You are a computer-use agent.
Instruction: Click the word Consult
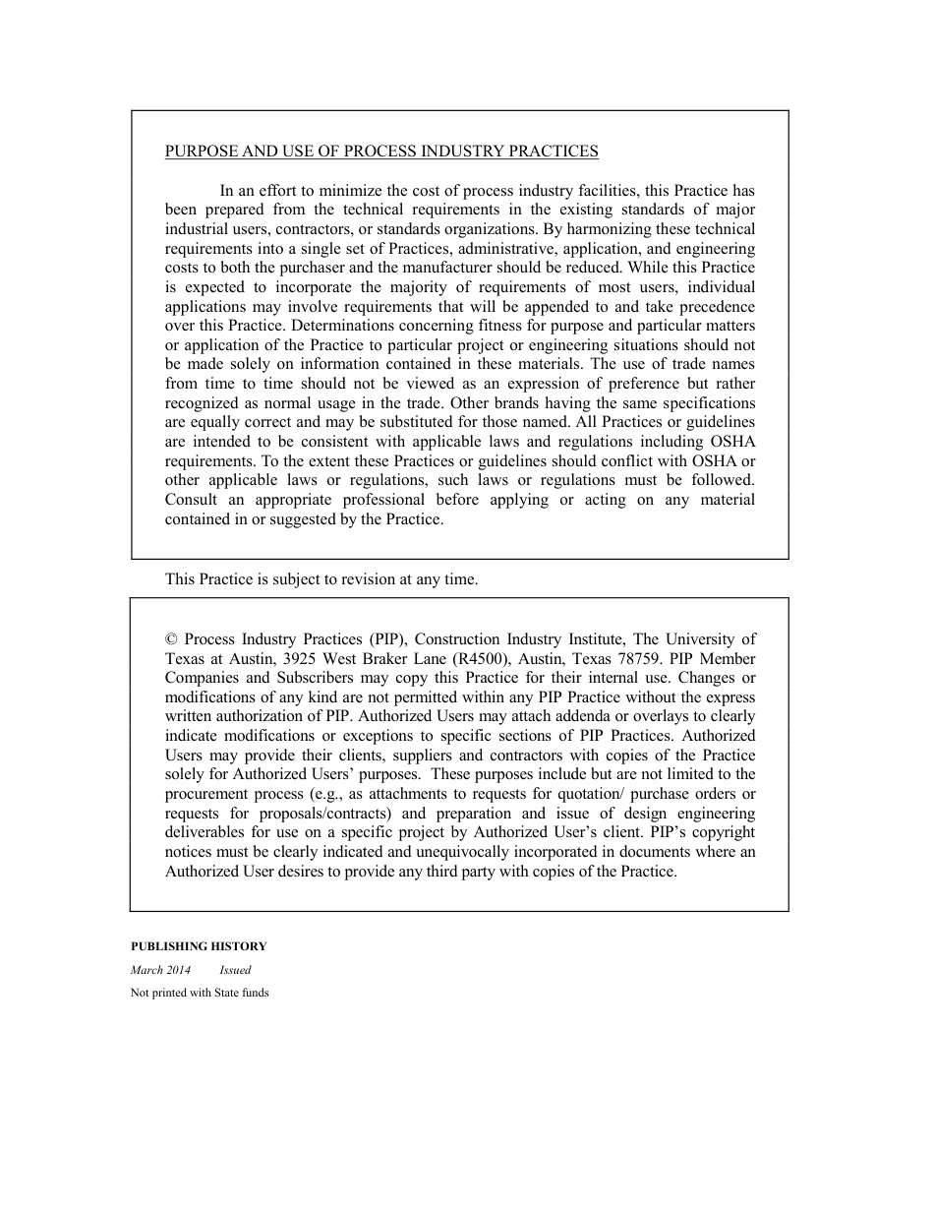191,500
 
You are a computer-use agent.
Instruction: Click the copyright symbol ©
171,639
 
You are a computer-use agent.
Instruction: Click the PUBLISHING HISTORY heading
199,946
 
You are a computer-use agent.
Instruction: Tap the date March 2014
160,970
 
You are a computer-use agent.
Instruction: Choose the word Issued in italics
235,970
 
